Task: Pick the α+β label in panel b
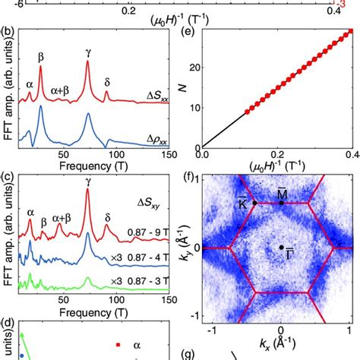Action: click(x=61, y=90)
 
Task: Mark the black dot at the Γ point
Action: click(x=281, y=248)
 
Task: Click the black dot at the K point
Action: click(x=254, y=203)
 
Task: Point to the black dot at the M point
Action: click(x=281, y=203)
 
